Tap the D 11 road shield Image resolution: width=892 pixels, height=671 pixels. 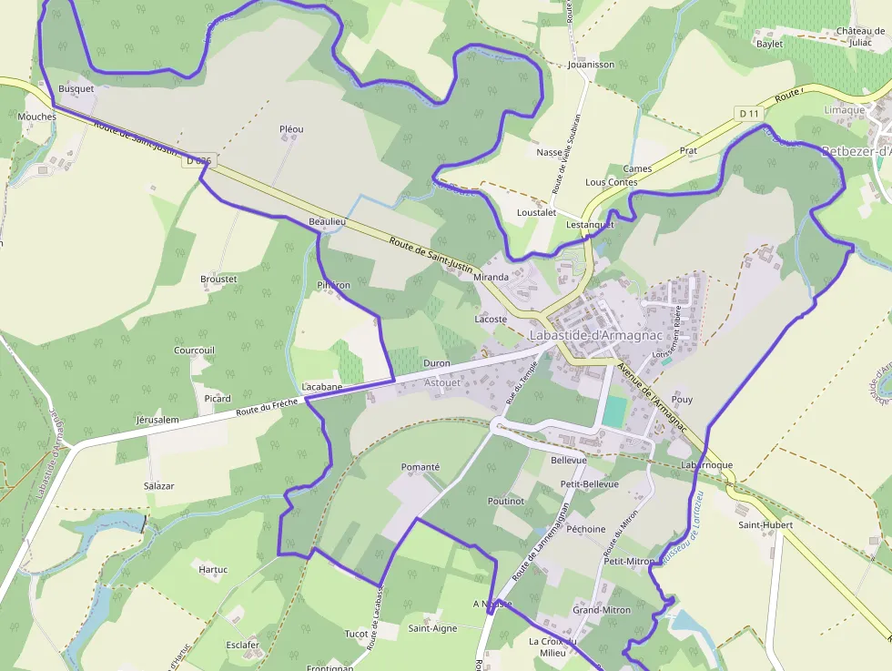749,113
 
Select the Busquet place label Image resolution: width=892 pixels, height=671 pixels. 76,89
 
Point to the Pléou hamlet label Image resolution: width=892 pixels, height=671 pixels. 291,129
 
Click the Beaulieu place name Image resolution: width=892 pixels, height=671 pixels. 328,222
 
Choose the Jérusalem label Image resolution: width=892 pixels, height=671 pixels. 157,420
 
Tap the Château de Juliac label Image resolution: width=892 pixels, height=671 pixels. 860,36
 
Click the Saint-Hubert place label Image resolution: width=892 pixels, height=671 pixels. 765,524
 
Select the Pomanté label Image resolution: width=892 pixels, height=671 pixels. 421,467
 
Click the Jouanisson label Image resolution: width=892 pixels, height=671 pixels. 591,65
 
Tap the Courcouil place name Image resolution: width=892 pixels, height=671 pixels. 194,351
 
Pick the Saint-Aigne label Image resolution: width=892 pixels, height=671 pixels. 432,628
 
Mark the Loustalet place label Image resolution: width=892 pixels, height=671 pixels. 536,212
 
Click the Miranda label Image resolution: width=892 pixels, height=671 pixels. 491,277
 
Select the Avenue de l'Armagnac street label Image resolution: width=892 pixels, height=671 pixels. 651,386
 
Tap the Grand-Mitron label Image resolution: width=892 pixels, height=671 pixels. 601,610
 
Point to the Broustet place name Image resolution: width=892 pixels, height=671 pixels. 218,279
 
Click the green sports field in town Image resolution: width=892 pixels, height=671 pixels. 614,411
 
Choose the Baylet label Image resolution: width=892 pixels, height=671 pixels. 769,44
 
